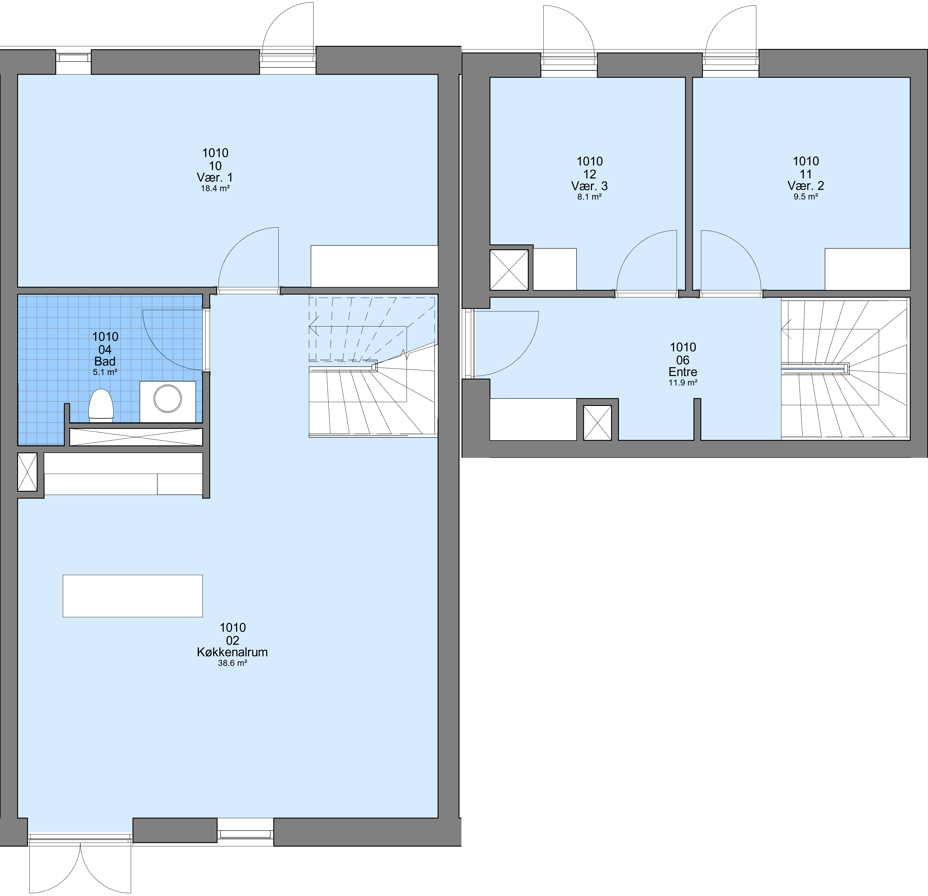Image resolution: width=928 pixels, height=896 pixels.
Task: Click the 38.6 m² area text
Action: click(x=232, y=663)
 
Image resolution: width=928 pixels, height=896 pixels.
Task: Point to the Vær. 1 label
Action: click(x=215, y=177)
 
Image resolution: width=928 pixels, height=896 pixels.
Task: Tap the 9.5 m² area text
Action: click(x=806, y=196)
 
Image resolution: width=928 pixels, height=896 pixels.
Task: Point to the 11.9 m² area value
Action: click(x=683, y=382)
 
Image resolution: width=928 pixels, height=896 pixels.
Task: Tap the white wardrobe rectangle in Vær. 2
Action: click(x=867, y=269)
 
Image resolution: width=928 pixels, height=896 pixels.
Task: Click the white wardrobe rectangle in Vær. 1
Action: click(x=374, y=266)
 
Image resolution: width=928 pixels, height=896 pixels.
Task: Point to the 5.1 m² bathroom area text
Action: click(x=105, y=372)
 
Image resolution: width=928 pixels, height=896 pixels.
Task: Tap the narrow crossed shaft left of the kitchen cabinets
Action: click(x=27, y=472)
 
